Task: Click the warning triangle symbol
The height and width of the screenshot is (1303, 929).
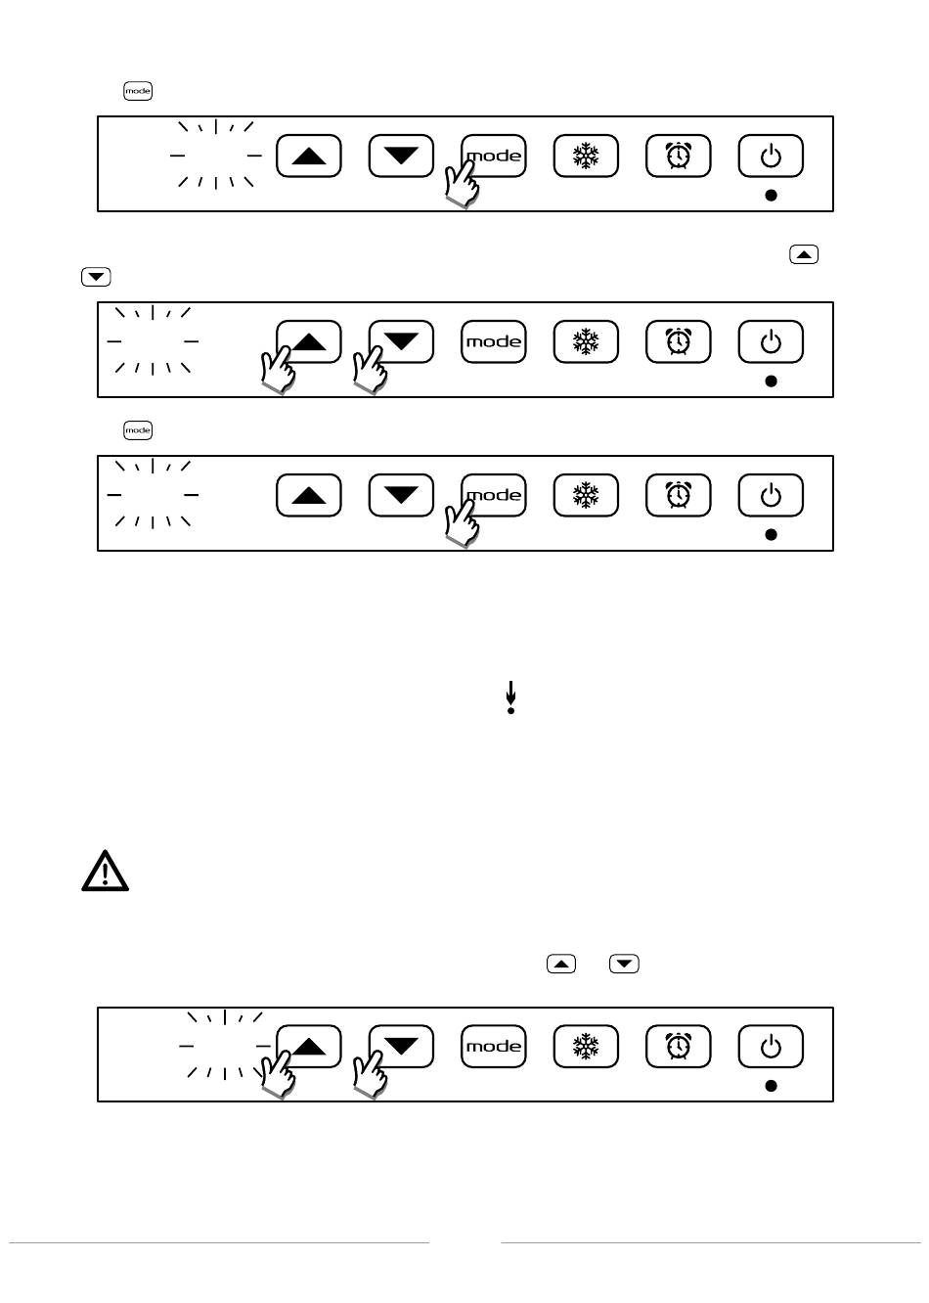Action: tap(105, 871)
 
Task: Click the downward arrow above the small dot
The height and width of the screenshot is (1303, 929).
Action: tap(510, 693)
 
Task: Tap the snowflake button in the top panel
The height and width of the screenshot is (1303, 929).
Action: tap(586, 156)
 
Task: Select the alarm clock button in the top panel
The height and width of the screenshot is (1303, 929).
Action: tap(678, 156)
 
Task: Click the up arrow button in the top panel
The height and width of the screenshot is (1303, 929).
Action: tap(308, 156)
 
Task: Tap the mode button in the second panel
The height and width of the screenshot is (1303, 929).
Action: tap(493, 341)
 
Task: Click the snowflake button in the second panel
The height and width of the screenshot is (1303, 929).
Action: tap(586, 341)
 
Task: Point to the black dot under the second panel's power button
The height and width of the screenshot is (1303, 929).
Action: tap(771, 381)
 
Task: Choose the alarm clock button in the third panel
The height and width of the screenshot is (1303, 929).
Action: tap(678, 495)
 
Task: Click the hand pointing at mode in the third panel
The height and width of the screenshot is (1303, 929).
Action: tap(461, 523)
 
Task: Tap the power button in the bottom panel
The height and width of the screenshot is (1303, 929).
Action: tap(771, 1047)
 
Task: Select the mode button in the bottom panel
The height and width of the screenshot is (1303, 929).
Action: tap(493, 1047)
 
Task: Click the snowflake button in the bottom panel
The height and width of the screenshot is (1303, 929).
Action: tap(586, 1047)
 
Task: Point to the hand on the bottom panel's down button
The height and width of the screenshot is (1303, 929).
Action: tap(371, 1075)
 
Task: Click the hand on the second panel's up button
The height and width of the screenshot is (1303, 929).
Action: tap(278, 370)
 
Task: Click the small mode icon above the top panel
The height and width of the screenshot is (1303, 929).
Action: tap(138, 91)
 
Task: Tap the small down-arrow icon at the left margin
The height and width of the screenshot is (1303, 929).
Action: tap(96, 276)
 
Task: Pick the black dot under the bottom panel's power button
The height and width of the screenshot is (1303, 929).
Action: tap(771, 1086)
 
